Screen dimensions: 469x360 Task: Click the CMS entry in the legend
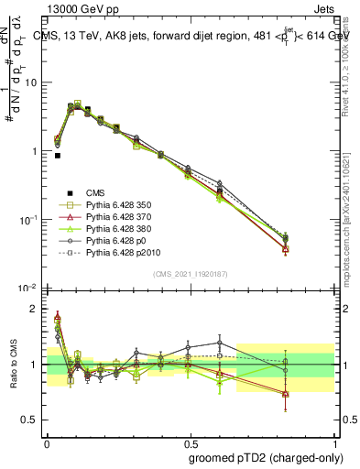(x=96, y=192)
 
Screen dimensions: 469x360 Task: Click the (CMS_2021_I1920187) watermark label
(x=191, y=273)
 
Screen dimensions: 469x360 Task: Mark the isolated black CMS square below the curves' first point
(x=58, y=156)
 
